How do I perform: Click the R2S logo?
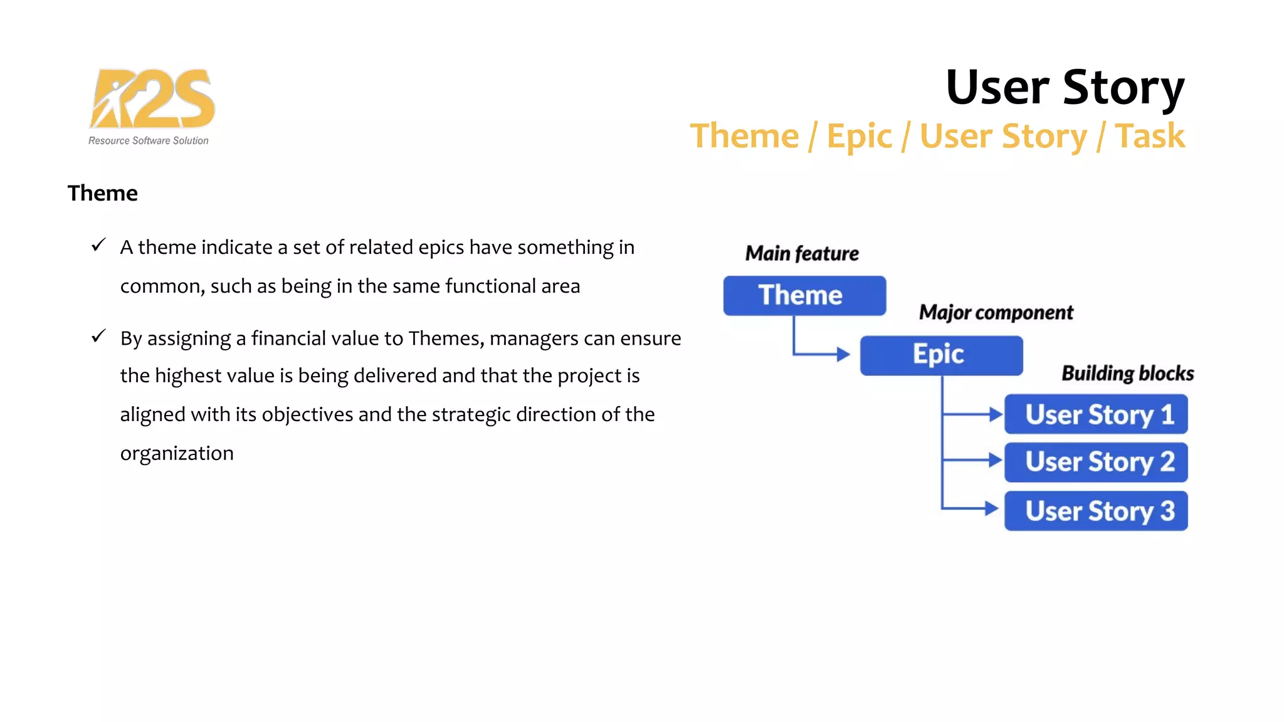coord(152,98)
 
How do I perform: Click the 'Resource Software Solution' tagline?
coord(149,141)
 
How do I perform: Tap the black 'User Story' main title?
coord(1065,87)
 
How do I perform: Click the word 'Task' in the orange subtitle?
coord(1150,136)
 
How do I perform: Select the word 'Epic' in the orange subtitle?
coord(859,136)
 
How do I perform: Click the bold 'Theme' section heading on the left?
coord(102,193)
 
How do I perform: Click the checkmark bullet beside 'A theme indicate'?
coord(98,245)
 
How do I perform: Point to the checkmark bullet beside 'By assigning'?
coord(98,337)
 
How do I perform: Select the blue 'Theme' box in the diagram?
coord(804,295)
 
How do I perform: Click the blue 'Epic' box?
coord(940,355)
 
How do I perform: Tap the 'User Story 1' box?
coord(1095,414)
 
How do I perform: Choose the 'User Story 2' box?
coord(1095,463)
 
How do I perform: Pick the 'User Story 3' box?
coord(1095,511)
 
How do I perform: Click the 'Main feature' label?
coord(801,253)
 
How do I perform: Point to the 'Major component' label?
coord(996,312)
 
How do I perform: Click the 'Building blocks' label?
coord(1127,373)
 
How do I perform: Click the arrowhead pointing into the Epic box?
coord(843,355)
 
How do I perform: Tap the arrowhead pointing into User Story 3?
coord(991,508)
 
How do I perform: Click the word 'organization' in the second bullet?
coord(177,453)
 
